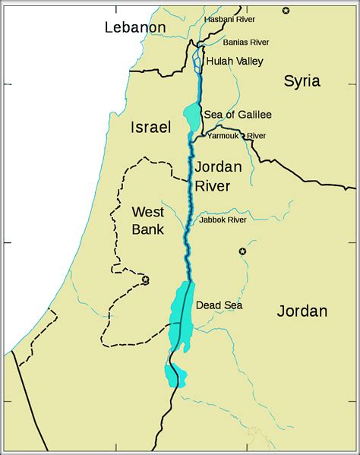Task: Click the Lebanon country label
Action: (x=135, y=27)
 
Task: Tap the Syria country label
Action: (x=302, y=81)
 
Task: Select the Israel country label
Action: (x=150, y=127)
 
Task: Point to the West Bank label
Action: (x=149, y=220)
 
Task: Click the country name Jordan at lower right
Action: (x=302, y=311)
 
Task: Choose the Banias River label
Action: (x=245, y=42)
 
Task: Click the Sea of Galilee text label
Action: (x=237, y=115)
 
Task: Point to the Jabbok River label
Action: (x=223, y=220)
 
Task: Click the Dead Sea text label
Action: (x=219, y=305)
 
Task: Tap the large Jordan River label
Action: (x=218, y=176)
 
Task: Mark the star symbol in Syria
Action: (x=286, y=10)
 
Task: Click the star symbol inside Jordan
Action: (x=243, y=251)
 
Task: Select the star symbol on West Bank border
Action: (x=145, y=280)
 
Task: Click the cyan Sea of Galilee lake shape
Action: (x=191, y=115)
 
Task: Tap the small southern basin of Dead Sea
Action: (x=172, y=374)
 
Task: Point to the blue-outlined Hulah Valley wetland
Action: (x=197, y=61)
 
